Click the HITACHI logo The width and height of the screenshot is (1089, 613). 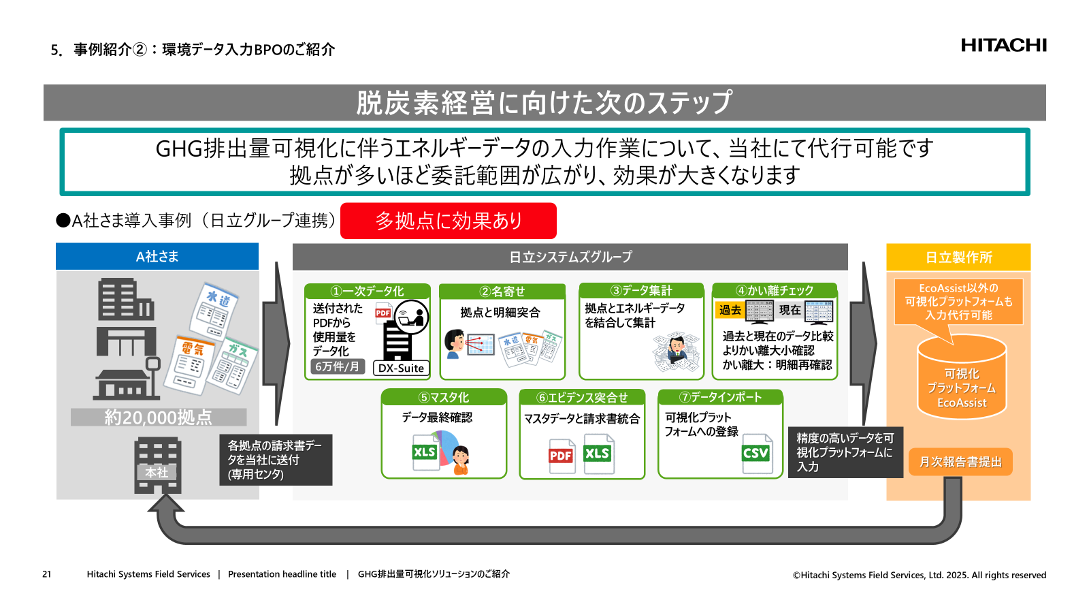[x=1003, y=46]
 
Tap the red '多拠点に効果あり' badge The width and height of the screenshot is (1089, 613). [x=448, y=221]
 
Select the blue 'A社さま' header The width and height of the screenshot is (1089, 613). [x=157, y=257]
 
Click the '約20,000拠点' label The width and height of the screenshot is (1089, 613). [x=159, y=417]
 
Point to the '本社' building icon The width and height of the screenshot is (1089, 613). [x=157, y=465]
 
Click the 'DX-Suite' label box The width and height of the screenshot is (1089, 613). [x=401, y=368]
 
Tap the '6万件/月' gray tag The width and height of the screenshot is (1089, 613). [x=337, y=366]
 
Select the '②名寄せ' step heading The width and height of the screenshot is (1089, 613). [x=502, y=292]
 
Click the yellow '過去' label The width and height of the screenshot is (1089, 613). [x=730, y=310]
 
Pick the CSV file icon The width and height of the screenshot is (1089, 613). [x=757, y=454]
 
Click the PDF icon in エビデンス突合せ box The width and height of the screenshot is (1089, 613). [x=562, y=456]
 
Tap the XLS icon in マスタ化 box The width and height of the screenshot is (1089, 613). [x=425, y=452]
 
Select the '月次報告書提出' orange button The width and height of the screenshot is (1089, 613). [x=960, y=462]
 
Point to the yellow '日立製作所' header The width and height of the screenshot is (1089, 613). [x=958, y=257]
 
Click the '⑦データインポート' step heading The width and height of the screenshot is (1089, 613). [x=720, y=397]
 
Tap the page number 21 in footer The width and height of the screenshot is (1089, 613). [x=46, y=574]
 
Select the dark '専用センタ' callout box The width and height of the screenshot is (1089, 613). [x=276, y=460]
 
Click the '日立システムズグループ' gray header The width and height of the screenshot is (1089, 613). [x=570, y=257]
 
